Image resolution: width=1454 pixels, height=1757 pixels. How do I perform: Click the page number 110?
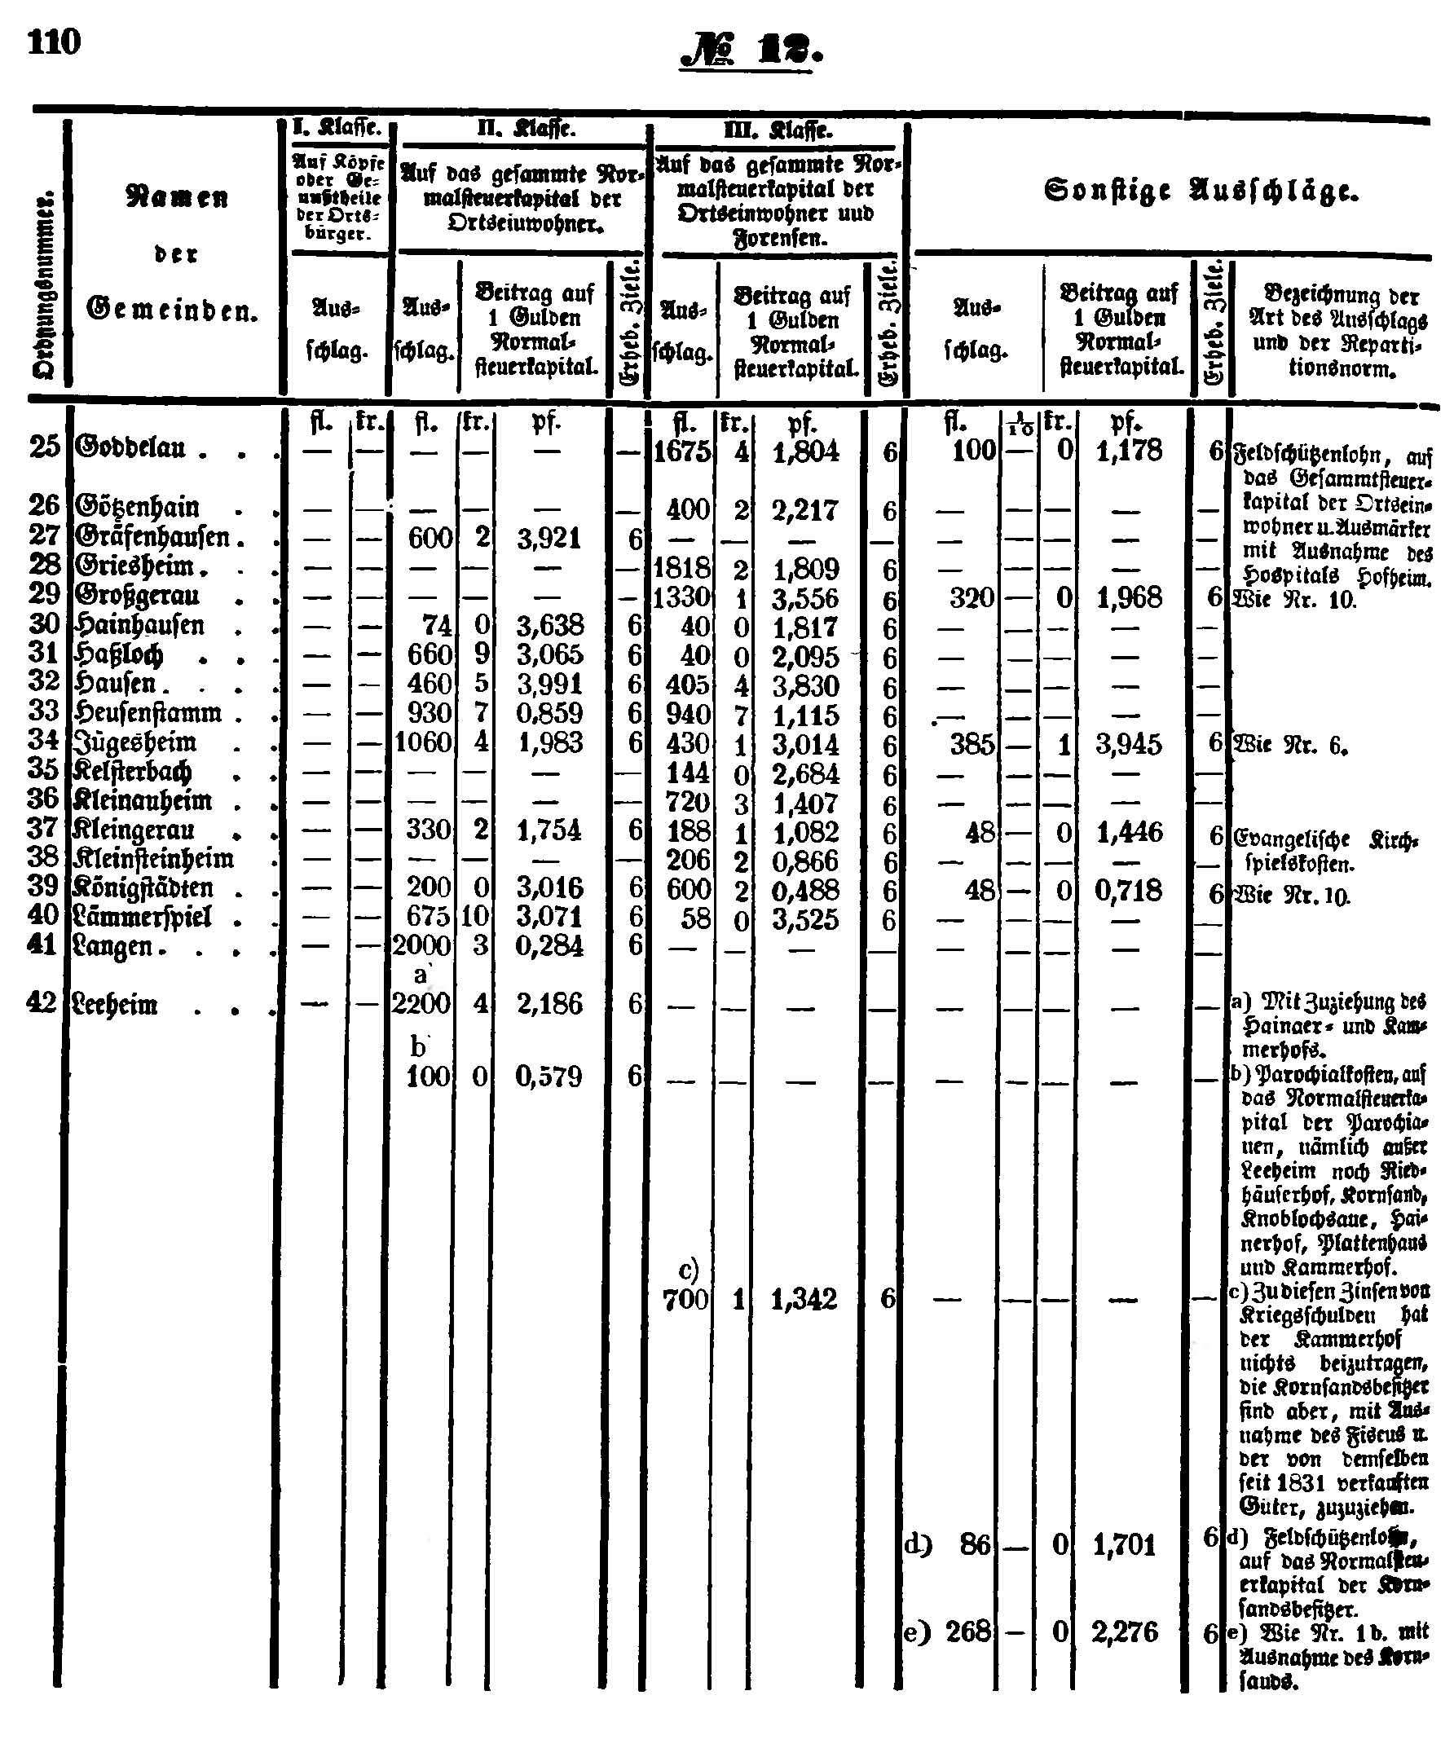[55, 42]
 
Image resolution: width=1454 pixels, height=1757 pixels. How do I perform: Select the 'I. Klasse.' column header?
[338, 128]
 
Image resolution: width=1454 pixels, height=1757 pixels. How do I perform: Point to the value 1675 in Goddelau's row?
[681, 451]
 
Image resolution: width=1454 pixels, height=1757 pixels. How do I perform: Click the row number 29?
[44, 593]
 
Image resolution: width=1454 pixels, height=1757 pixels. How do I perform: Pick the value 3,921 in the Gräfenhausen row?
[548, 539]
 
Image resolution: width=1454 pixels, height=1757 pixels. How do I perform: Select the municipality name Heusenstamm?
[149, 713]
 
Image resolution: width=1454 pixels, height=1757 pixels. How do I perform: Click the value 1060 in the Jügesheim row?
[422, 742]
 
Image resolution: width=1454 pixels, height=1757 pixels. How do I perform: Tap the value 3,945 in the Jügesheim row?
[1129, 744]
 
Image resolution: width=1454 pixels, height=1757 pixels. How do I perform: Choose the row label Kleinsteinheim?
[154, 858]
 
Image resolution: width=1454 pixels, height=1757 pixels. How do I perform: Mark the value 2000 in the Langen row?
[421, 945]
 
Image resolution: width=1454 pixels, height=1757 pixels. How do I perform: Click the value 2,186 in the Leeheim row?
[548, 1003]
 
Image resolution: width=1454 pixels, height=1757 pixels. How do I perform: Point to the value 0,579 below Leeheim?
[548, 1076]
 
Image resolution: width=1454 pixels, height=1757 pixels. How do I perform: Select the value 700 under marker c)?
[685, 1299]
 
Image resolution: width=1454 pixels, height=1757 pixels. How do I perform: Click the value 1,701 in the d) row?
[1126, 1544]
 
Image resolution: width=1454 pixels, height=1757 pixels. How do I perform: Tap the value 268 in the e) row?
[968, 1631]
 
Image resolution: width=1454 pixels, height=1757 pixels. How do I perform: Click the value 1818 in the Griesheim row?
[681, 568]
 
